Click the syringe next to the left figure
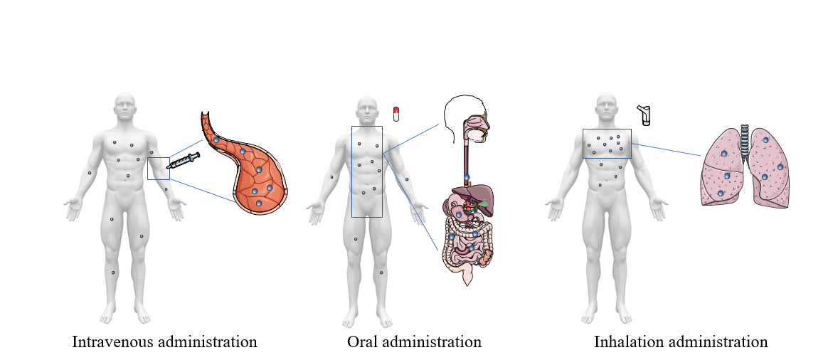(182, 163)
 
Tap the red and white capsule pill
(396, 114)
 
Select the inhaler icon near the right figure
(644, 115)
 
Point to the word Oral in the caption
(364, 342)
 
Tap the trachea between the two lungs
(745, 138)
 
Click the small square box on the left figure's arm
(158, 168)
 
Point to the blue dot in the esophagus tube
(467, 176)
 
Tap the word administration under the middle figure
(435, 342)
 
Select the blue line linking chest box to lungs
(666, 149)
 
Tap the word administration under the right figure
(721, 342)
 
